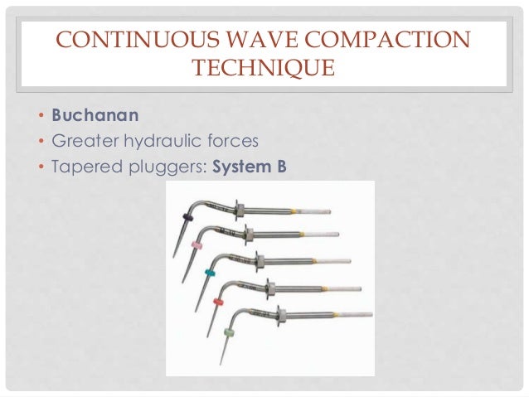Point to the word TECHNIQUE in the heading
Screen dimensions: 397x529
click(x=264, y=67)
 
